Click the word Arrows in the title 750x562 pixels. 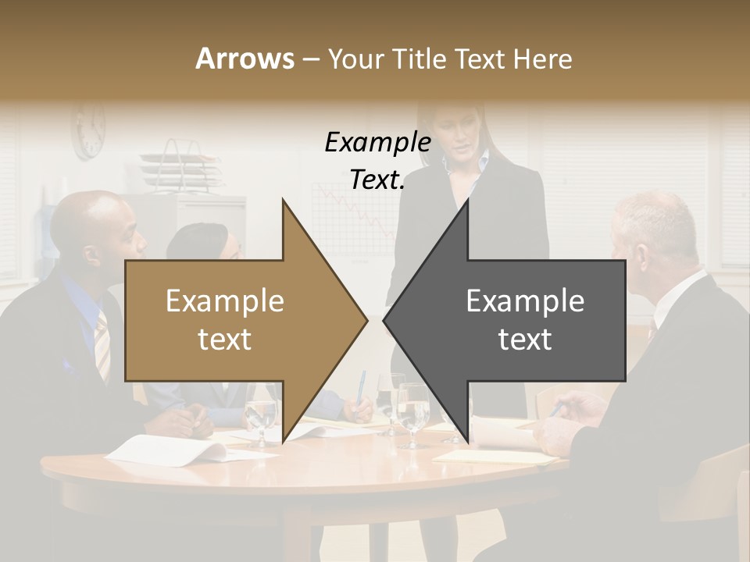click(245, 59)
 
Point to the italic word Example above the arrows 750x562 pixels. click(377, 143)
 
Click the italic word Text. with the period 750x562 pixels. click(377, 180)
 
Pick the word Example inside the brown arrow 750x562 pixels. click(224, 301)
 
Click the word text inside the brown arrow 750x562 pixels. click(224, 340)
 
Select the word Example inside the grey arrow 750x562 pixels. click(525, 301)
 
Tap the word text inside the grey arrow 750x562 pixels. click(525, 340)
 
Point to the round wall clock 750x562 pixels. click(89, 130)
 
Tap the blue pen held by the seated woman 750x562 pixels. click(362, 386)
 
